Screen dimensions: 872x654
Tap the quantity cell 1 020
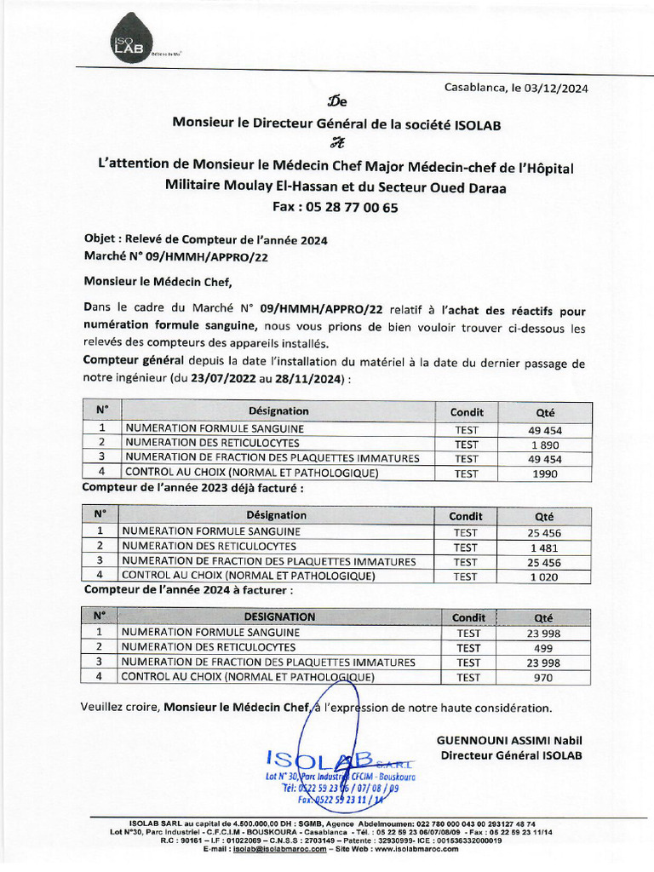pos(543,577)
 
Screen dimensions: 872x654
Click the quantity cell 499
pos(543,648)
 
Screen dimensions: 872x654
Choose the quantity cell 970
pos(543,678)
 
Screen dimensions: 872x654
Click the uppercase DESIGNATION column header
pos(279,617)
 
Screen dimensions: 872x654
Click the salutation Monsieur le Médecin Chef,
pos(158,280)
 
